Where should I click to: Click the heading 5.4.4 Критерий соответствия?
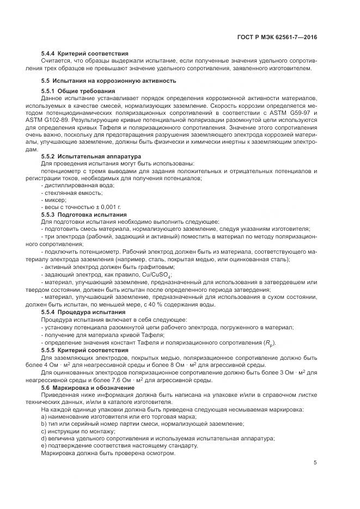click(84, 54)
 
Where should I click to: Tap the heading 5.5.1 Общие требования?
click(78, 90)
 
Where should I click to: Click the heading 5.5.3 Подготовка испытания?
click(84, 215)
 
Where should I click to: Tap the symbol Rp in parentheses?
click(269, 342)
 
